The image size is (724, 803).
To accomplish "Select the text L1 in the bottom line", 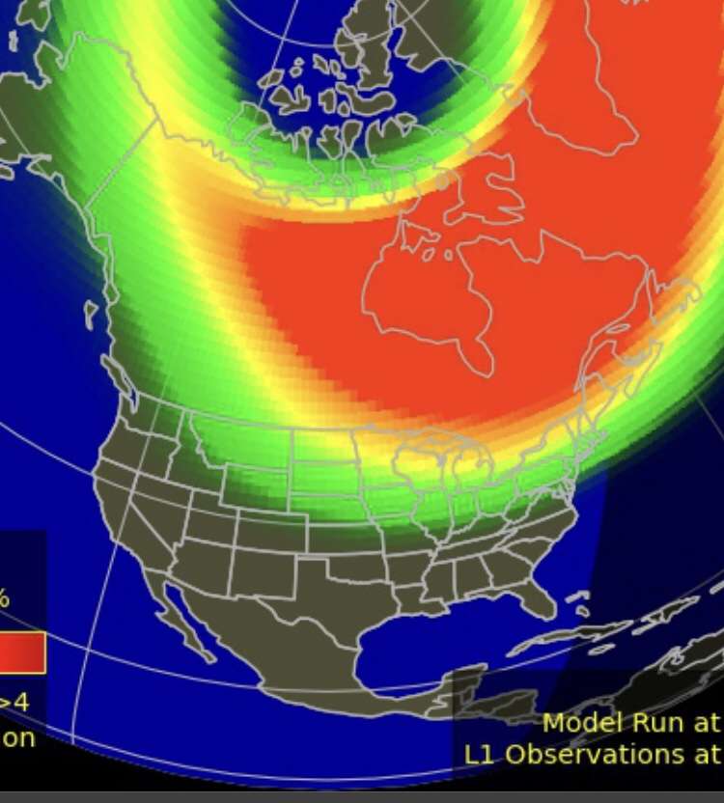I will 482,754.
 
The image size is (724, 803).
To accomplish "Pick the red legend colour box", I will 21,652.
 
